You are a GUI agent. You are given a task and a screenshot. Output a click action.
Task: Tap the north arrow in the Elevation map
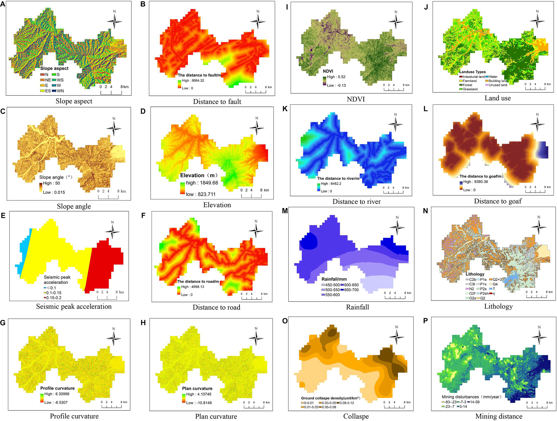257,128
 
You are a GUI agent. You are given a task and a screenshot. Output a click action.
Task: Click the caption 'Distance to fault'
217,101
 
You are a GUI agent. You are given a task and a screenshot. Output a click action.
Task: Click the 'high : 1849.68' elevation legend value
202,183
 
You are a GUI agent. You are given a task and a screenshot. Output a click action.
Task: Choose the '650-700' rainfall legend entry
349,290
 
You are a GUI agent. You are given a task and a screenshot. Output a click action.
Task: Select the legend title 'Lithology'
475,274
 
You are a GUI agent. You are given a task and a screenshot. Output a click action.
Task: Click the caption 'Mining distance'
499,416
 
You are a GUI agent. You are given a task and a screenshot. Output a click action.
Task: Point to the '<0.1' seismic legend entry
50,288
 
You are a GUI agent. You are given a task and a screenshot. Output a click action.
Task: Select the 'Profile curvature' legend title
57,388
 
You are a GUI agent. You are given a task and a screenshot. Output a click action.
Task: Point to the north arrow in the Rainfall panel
397,226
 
